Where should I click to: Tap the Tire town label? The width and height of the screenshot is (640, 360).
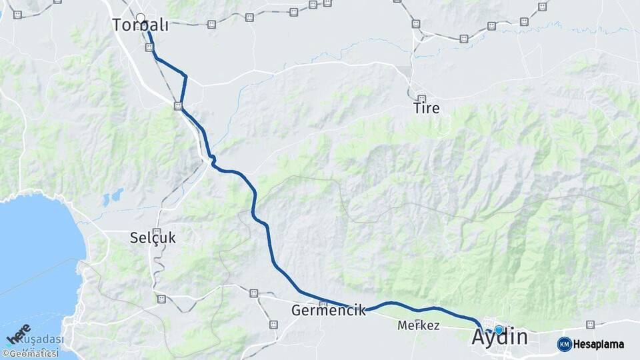tap(427, 108)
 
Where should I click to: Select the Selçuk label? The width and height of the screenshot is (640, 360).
tap(153, 237)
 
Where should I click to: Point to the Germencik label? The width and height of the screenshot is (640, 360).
tap(329, 310)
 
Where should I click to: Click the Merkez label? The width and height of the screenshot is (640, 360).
tap(418, 326)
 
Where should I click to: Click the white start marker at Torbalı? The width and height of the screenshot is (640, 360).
tap(140, 18)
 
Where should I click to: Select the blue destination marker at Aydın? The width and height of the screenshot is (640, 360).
tap(498, 329)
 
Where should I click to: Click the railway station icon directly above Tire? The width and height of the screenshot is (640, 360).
tap(421, 98)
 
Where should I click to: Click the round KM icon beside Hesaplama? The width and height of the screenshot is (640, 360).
tap(564, 344)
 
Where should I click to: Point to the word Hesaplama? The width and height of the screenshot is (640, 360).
tap(599, 345)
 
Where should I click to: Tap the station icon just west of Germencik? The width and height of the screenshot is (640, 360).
tap(253, 293)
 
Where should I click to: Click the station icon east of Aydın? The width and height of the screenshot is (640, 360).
tap(589, 325)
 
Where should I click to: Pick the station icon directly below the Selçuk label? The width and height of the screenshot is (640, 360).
tap(161, 299)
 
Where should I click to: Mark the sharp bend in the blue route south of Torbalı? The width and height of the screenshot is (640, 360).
tap(185, 77)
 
